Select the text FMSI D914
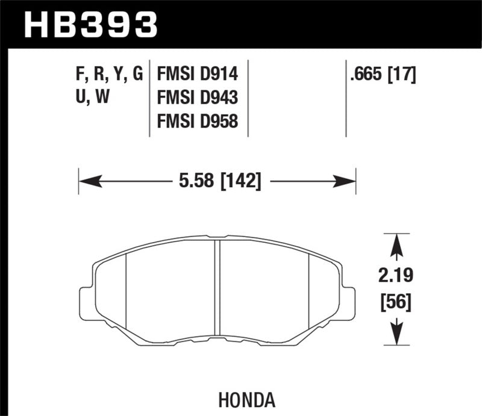tap(197, 75)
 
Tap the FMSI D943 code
tap(197, 98)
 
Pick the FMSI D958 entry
tap(197, 121)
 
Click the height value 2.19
tap(396, 277)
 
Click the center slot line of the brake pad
tap(218, 289)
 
